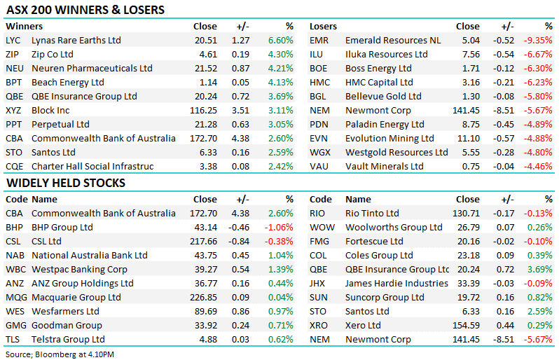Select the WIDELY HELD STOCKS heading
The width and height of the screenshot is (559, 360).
65,183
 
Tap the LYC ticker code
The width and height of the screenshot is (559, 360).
13,41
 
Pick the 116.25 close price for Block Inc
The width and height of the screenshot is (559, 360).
203,111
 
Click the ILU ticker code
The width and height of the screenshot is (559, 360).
317,55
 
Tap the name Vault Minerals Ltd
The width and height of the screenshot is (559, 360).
385,167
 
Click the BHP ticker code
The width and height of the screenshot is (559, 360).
14,228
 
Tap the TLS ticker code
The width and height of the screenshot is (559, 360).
13,340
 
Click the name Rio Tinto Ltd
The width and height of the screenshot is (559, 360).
372,214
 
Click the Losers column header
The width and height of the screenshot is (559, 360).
324,27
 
